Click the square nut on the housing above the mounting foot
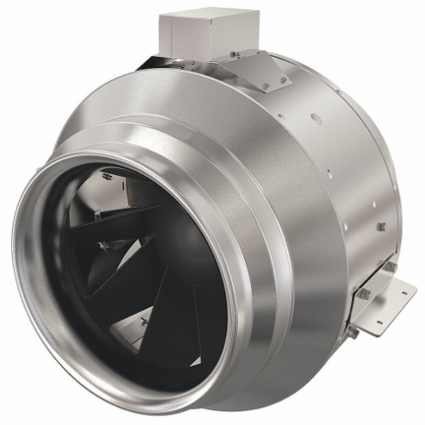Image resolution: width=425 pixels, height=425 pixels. click(380, 227)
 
